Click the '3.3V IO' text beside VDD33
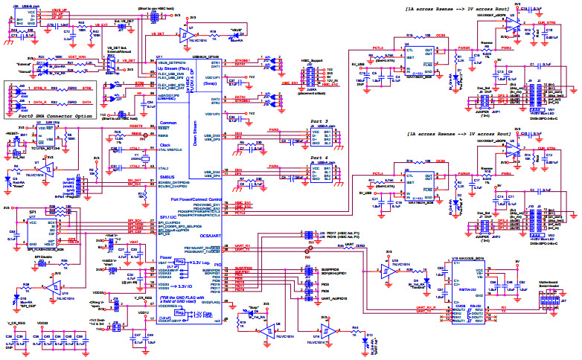pyautogui.click(x=182, y=286)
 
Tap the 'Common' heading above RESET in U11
pyautogui.click(x=168, y=120)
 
